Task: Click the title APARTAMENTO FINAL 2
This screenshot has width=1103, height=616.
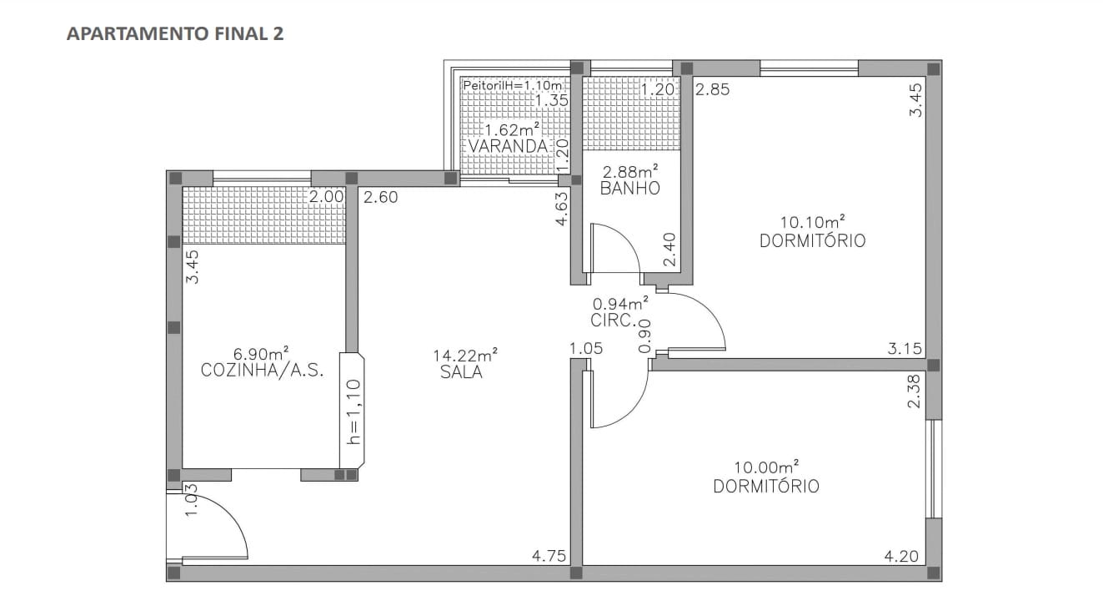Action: (x=175, y=34)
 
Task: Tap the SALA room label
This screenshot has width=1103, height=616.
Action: (x=461, y=373)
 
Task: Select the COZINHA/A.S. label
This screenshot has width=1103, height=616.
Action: (x=263, y=371)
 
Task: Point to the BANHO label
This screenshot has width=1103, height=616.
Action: (x=629, y=189)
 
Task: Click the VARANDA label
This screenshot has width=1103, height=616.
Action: (x=508, y=147)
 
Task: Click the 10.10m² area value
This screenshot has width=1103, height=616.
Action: (x=812, y=222)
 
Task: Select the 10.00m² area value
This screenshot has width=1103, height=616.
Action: (x=765, y=467)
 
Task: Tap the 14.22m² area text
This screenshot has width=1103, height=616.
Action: (x=464, y=355)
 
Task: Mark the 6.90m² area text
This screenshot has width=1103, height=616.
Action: (x=262, y=354)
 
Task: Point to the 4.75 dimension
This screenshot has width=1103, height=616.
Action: (x=549, y=556)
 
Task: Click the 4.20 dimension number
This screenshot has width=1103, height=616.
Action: (x=903, y=556)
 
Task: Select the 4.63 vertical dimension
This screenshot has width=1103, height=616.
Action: (x=562, y=210)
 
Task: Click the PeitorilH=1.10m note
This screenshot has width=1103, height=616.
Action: (x=512, y=85)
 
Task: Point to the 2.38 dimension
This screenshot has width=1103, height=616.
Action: (x=914, y=391)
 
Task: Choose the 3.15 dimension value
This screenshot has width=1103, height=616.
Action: (x=905, y=349)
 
